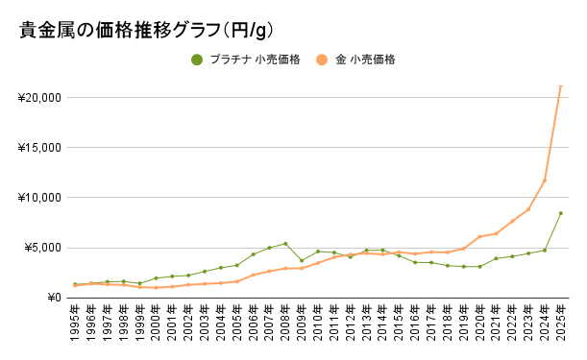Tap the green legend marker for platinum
197,60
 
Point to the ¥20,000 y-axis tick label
40,98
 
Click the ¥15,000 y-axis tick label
40,148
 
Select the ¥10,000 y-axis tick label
40,198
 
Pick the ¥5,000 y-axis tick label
43,248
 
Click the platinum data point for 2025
561,213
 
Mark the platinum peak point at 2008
285,244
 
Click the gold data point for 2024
545,180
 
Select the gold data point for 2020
479,236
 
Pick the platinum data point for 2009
302,261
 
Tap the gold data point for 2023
528,209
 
